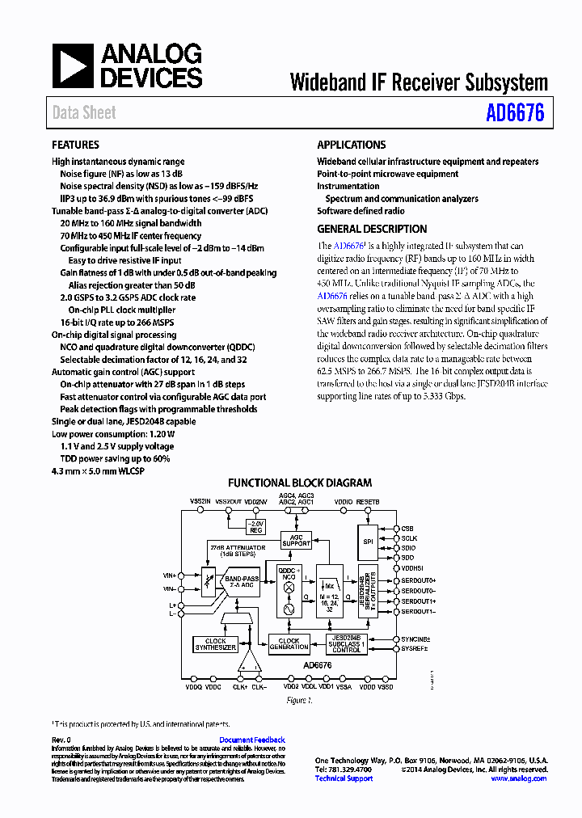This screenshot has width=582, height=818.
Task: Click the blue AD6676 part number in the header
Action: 515,112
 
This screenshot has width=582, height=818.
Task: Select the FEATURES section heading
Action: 75,145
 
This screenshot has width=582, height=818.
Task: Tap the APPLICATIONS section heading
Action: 351,145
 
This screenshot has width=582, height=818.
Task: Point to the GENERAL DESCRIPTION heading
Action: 372,229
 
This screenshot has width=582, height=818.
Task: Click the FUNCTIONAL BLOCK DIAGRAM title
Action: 299,483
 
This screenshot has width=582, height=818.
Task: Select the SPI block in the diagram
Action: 368,542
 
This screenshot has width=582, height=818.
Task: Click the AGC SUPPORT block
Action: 296,540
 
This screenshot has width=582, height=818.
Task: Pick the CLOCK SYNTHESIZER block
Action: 216,644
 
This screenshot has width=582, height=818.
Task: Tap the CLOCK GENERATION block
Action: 289,644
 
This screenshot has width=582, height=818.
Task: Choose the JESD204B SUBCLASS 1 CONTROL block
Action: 346,644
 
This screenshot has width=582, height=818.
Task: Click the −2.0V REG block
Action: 255,526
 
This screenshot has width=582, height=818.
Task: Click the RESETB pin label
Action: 367,502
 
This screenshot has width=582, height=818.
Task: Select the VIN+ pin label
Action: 169,576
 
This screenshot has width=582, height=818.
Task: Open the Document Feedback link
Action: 252,740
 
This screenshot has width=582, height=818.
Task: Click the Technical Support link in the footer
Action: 344,778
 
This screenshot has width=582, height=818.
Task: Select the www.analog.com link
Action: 519,778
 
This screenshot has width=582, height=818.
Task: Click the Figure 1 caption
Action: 299,701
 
